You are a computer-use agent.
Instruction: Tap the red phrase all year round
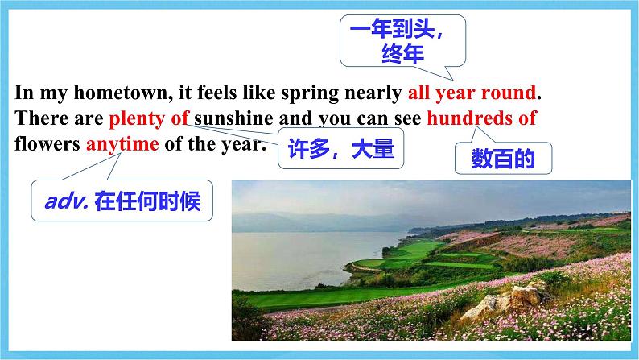pos(472,93)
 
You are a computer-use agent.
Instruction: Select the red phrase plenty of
pos(149,119)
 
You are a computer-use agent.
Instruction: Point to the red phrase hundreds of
pos(481,118)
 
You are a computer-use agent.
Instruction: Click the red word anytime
pos(122,144)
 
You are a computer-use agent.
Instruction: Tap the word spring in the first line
pos(310,93)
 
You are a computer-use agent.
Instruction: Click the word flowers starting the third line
pos(47,144)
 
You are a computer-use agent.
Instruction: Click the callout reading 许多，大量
pos(340,148)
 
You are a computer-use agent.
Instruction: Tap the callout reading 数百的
pos(503,159)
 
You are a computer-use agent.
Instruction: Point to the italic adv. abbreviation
pos(67,201)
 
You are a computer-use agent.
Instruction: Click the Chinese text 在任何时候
pos(147,201)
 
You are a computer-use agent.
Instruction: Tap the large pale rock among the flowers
pos(508,301)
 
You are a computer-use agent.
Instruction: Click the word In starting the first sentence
pos(24,93)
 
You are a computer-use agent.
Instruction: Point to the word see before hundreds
pos(407,118)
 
